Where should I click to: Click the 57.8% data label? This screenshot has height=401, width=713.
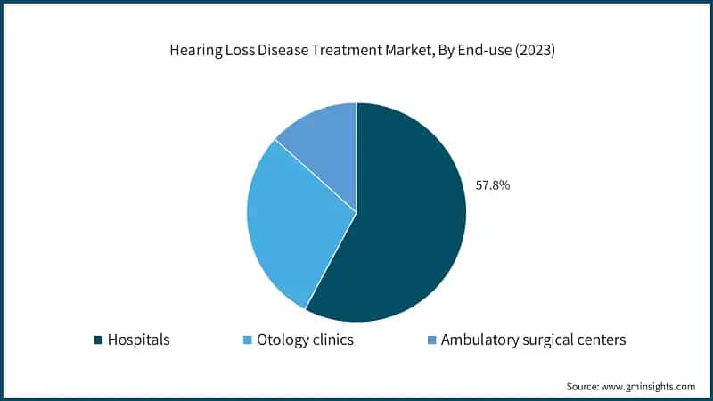click(x=492, y=185)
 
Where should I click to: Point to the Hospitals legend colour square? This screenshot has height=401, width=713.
click(x=97, y=340)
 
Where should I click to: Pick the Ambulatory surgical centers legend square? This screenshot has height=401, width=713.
click(x=431, y=340)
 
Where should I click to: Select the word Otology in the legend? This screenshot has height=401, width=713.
click(x=281, y=340)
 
